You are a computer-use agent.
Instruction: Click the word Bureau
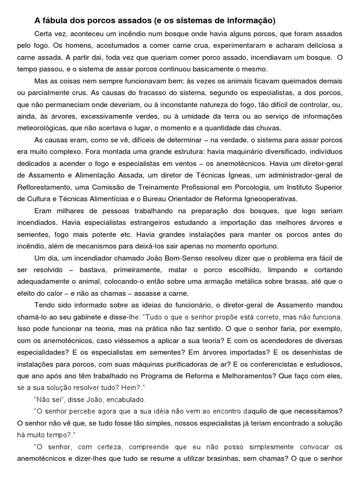click(176, 198)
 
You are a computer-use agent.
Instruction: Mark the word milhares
click(67, 210)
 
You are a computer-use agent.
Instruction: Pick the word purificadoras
click(167, 363)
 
